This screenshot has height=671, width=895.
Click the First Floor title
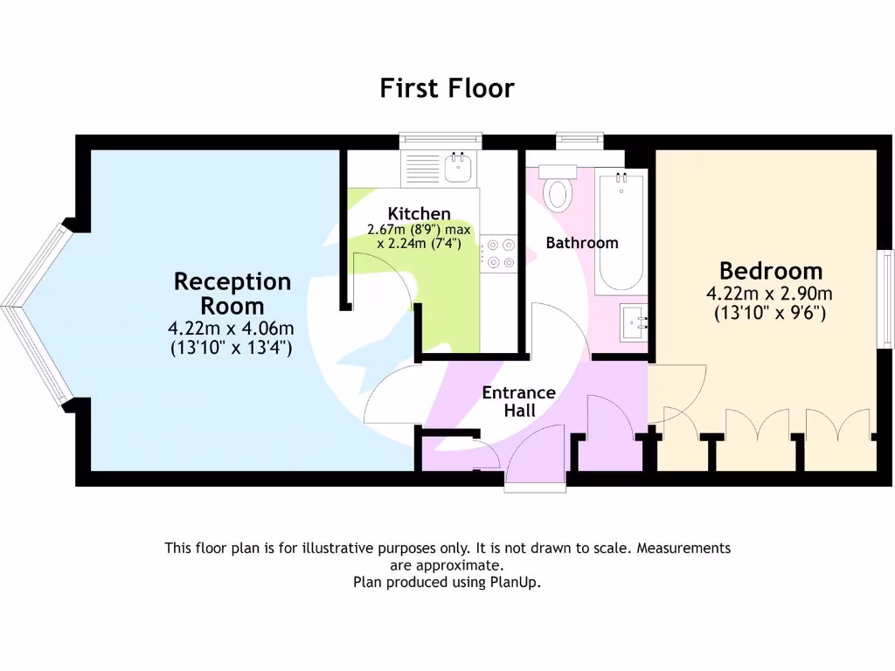coord(447,88)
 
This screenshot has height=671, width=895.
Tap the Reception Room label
coord(232,294)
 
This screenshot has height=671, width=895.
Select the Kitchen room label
coord(420,214)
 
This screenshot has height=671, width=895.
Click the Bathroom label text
coord(582,243)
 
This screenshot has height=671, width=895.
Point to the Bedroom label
coord(771,270)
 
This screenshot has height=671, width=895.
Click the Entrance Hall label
coord(519,402)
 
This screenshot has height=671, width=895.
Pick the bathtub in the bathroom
coord(621,232)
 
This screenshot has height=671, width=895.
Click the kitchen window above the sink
coord(440,137)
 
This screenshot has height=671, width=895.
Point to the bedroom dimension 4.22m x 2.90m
coord(771,294)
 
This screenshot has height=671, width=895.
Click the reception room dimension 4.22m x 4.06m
coord(231,329)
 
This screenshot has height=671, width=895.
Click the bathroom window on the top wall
coord(579,137)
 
